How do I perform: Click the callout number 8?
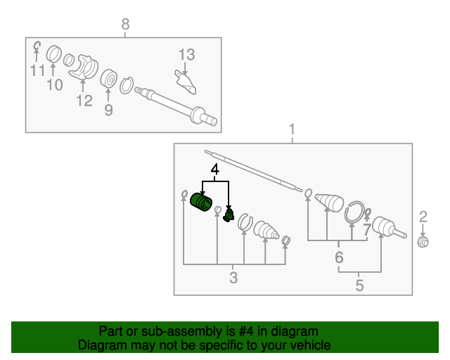(125, 24)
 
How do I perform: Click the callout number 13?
(187, 55)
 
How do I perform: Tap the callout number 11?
(38, 70)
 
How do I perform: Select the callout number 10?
(55, 85)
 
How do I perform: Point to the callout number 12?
(84, 101)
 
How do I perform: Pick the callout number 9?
(108, 110)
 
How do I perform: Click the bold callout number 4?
(215, 169)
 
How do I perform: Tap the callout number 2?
(423, 217)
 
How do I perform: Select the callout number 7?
(367, 230)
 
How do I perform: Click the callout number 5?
(359, 285)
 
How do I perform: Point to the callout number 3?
(233, 278)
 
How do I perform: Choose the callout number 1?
(292, 129)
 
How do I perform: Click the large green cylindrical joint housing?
(201, 202)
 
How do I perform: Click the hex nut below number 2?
(423, 242)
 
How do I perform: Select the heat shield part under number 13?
(186, 82)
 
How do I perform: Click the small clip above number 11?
(37, 46)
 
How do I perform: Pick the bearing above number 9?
(109, 78)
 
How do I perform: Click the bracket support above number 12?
(84, 67)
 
